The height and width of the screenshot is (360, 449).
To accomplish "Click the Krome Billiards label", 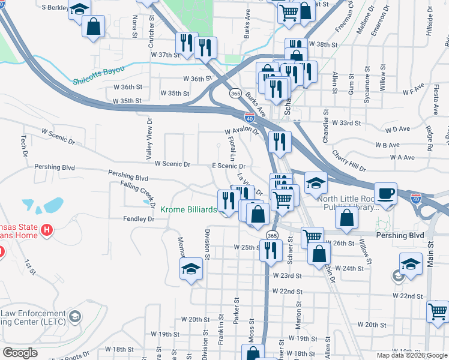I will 188,210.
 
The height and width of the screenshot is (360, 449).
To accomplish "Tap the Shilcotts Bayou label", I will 98,75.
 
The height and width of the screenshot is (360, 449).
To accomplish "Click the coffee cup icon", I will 385,193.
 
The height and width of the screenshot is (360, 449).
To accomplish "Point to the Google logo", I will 19,353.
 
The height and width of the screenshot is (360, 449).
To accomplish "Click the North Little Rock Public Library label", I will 348,203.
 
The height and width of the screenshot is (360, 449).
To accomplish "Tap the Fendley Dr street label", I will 139,219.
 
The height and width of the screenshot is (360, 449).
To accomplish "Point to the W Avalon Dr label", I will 241,131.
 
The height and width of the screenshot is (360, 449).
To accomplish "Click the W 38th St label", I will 324,44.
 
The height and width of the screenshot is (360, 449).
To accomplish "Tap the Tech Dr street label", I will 24,142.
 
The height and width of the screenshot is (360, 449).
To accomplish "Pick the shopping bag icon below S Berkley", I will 93,26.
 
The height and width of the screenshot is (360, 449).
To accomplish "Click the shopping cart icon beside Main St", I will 438,311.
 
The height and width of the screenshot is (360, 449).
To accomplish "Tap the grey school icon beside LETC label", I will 74,316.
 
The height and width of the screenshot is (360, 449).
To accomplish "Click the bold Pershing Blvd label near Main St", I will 400,236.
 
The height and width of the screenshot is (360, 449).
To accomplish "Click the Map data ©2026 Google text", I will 411,354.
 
